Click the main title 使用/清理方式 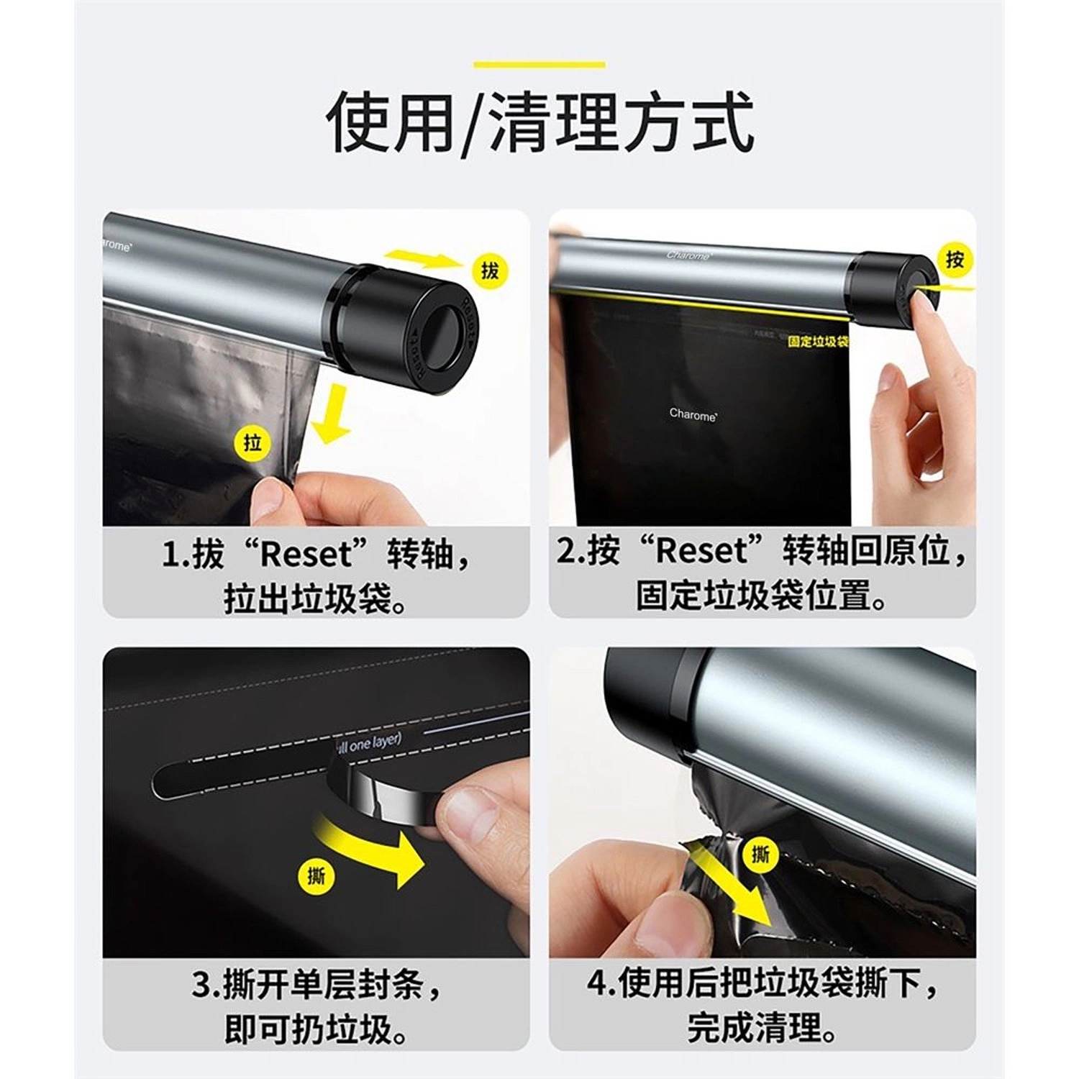click(539, 122)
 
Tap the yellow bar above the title click(539, 65)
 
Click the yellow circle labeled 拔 click(490, 271)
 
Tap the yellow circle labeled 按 click(955, 259)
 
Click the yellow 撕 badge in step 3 click(316, 875)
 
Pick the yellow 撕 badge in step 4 click(760, 854)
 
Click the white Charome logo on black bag click(693, 414)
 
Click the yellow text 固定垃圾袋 click(818, 341)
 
